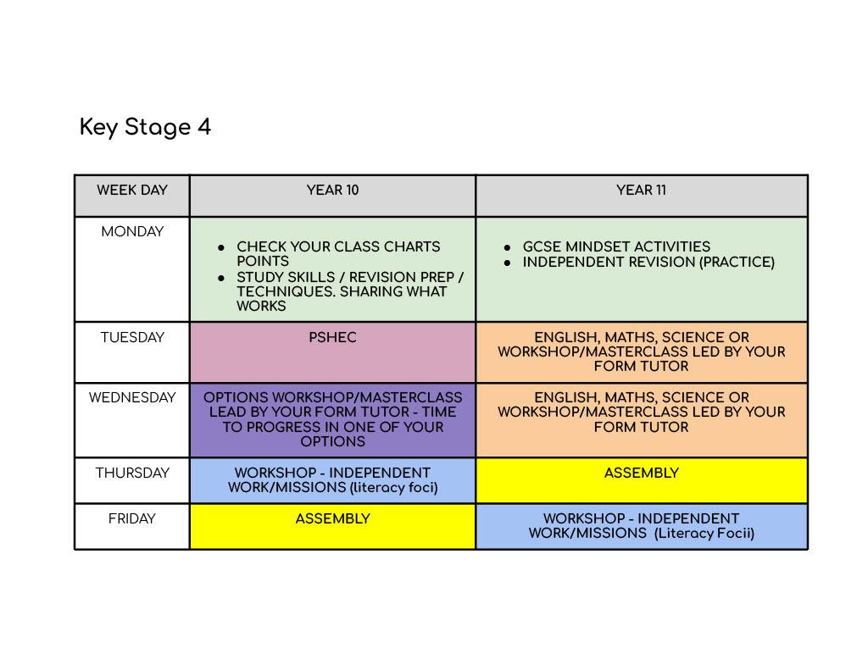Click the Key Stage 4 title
(145, 127)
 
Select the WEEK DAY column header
(132, 191)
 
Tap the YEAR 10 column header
(332, 191)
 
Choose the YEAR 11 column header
(641, 191)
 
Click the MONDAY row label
(132, 232)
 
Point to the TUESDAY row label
(132, 338)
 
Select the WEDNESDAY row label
(132, 398)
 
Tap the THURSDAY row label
(132, 473)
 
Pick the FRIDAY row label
(132, 519)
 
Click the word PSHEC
(332, 338)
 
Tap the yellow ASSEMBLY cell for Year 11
(641, 480)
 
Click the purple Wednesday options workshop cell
(332, 420)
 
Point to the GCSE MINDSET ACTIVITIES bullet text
(616, 247)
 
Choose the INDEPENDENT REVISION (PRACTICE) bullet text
(648, 263)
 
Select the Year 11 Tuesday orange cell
(641, 352)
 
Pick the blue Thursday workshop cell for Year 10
(332, 480)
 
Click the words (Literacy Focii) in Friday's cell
(704, 534)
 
